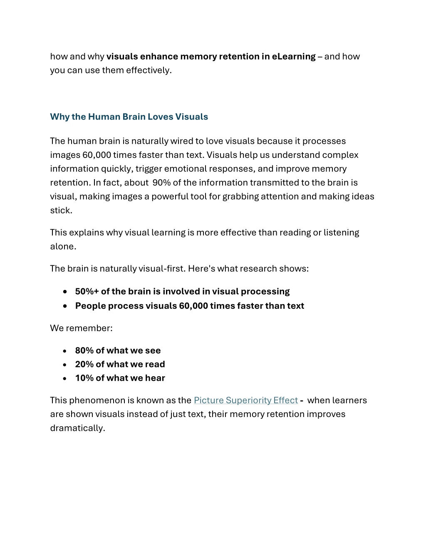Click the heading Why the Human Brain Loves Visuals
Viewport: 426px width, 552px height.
[x=129, y=117]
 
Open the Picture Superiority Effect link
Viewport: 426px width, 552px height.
[x=245, y=400]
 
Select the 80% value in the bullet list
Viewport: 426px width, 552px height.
[x=84, y=350]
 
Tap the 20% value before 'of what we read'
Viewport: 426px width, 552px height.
[x=84, y=364]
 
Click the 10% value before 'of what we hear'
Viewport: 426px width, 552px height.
[x=84, y=378]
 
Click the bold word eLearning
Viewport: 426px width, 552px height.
[x=294, y=56]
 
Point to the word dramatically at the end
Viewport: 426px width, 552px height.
[x=77, y=428]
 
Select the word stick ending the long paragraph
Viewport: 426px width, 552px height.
[x=60, y=210]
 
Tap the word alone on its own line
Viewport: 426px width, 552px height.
[x=62, y=246]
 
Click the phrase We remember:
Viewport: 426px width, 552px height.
[x=81, y=328]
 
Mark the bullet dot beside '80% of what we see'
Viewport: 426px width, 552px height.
[x=65, y=351]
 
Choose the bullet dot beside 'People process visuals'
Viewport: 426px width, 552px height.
[x=65, y=306]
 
